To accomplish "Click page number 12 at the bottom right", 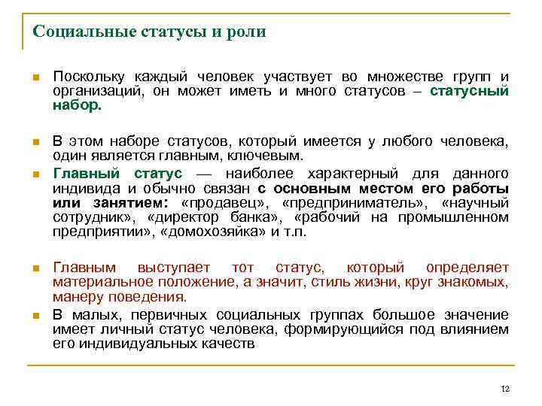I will [x=505, y=389].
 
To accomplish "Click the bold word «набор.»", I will [x=77, y=105].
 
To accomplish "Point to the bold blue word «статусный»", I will [x=469, y=91].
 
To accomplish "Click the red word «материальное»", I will [x=96, y=282].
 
